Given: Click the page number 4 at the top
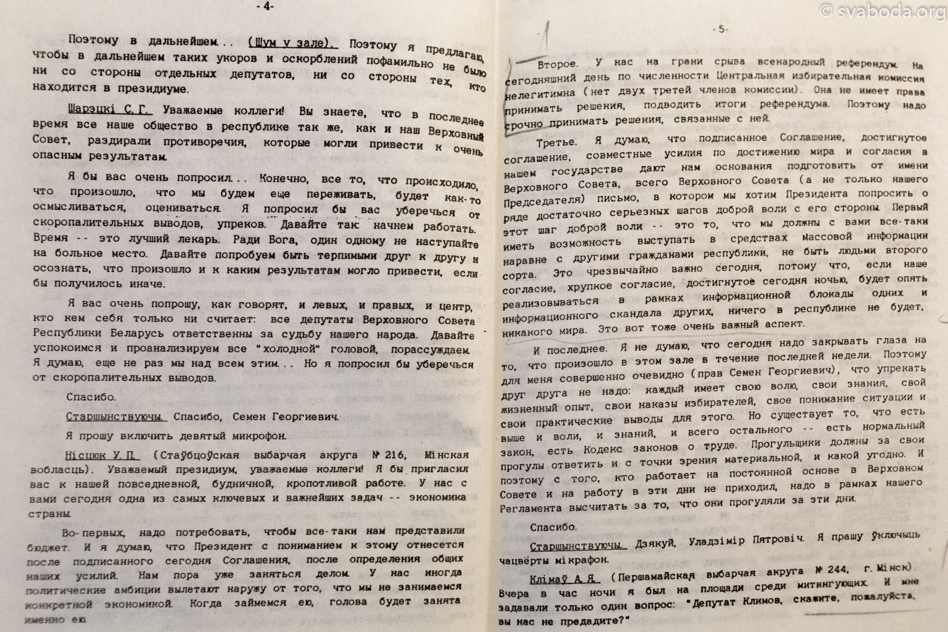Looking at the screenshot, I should coord(265,6).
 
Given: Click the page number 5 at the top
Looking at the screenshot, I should coord(721,29).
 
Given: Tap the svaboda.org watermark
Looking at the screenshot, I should coord(883,12).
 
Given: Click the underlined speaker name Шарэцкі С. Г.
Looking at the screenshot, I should coord(110,109).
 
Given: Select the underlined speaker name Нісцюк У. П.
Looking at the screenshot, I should coord(102,455).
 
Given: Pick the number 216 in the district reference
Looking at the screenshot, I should coord(395,455).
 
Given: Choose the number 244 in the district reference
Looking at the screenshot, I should coord(838,569).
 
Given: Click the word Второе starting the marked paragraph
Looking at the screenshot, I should coord(557,64).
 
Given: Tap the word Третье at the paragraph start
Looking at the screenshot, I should coord(556,143).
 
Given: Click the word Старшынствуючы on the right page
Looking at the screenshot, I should coord(578,547).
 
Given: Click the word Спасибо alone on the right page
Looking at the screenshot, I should coord(553,527).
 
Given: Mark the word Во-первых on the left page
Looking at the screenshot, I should coord(93,533).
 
